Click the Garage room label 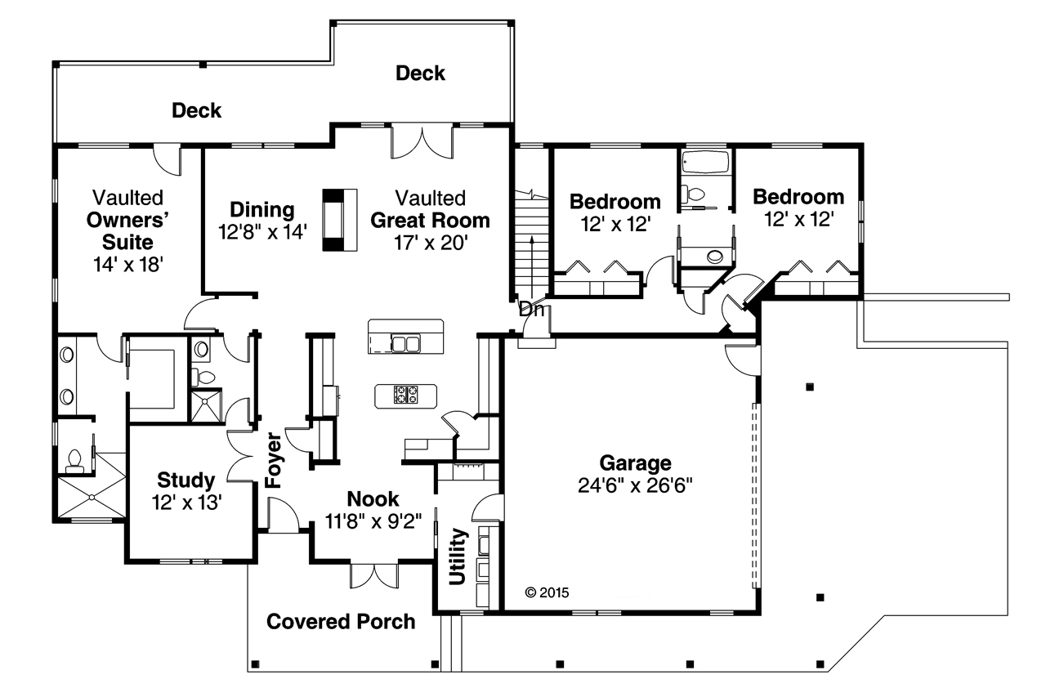(x=635, y=463)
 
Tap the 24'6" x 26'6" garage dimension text (x=635, y=485)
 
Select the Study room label (x=186, y=480)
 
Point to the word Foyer (x=274, y=460)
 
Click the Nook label (x=373, y=498)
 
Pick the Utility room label (x=458, y=556)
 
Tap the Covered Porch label (x=341, y=622)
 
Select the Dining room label (x=261, y=209)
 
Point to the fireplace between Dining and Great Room (x=339, y=219)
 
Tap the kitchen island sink (x=405, y=343)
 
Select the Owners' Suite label (x=127, y=231)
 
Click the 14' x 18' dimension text (x=128, y=264)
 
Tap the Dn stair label (x=530, y=310)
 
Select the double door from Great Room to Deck (x=422, y=141)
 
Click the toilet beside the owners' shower (x=75, y=460)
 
